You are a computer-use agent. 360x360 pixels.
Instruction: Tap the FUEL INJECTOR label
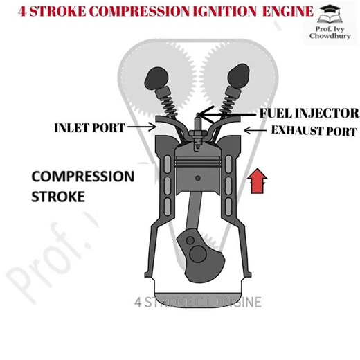(x=309, y=113)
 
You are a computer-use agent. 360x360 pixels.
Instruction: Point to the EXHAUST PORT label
(x=314, y=130)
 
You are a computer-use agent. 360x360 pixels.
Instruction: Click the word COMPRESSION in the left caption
(x=83, y=176)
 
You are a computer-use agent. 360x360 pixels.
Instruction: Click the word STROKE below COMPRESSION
(x=58, y=196)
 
